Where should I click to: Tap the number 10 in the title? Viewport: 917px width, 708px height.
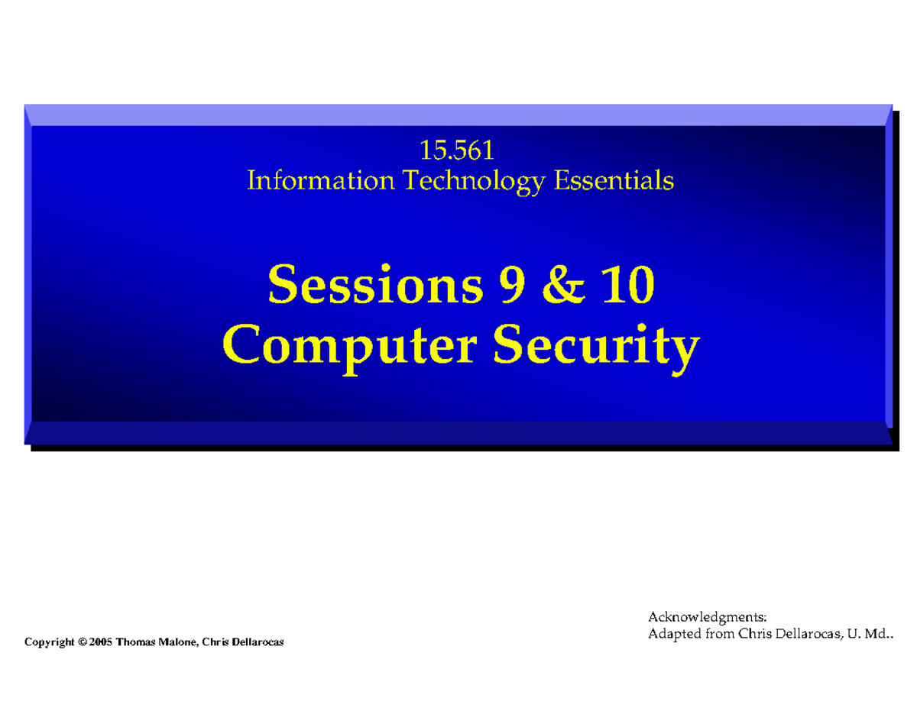(x=626, y=286)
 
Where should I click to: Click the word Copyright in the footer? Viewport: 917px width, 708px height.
(x=50, y=642)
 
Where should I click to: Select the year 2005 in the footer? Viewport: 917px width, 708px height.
(x=100, y=642)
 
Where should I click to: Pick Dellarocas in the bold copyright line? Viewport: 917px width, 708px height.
(x=254, y=642)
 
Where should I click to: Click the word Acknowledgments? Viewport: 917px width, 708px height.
(x=707, y=616)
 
